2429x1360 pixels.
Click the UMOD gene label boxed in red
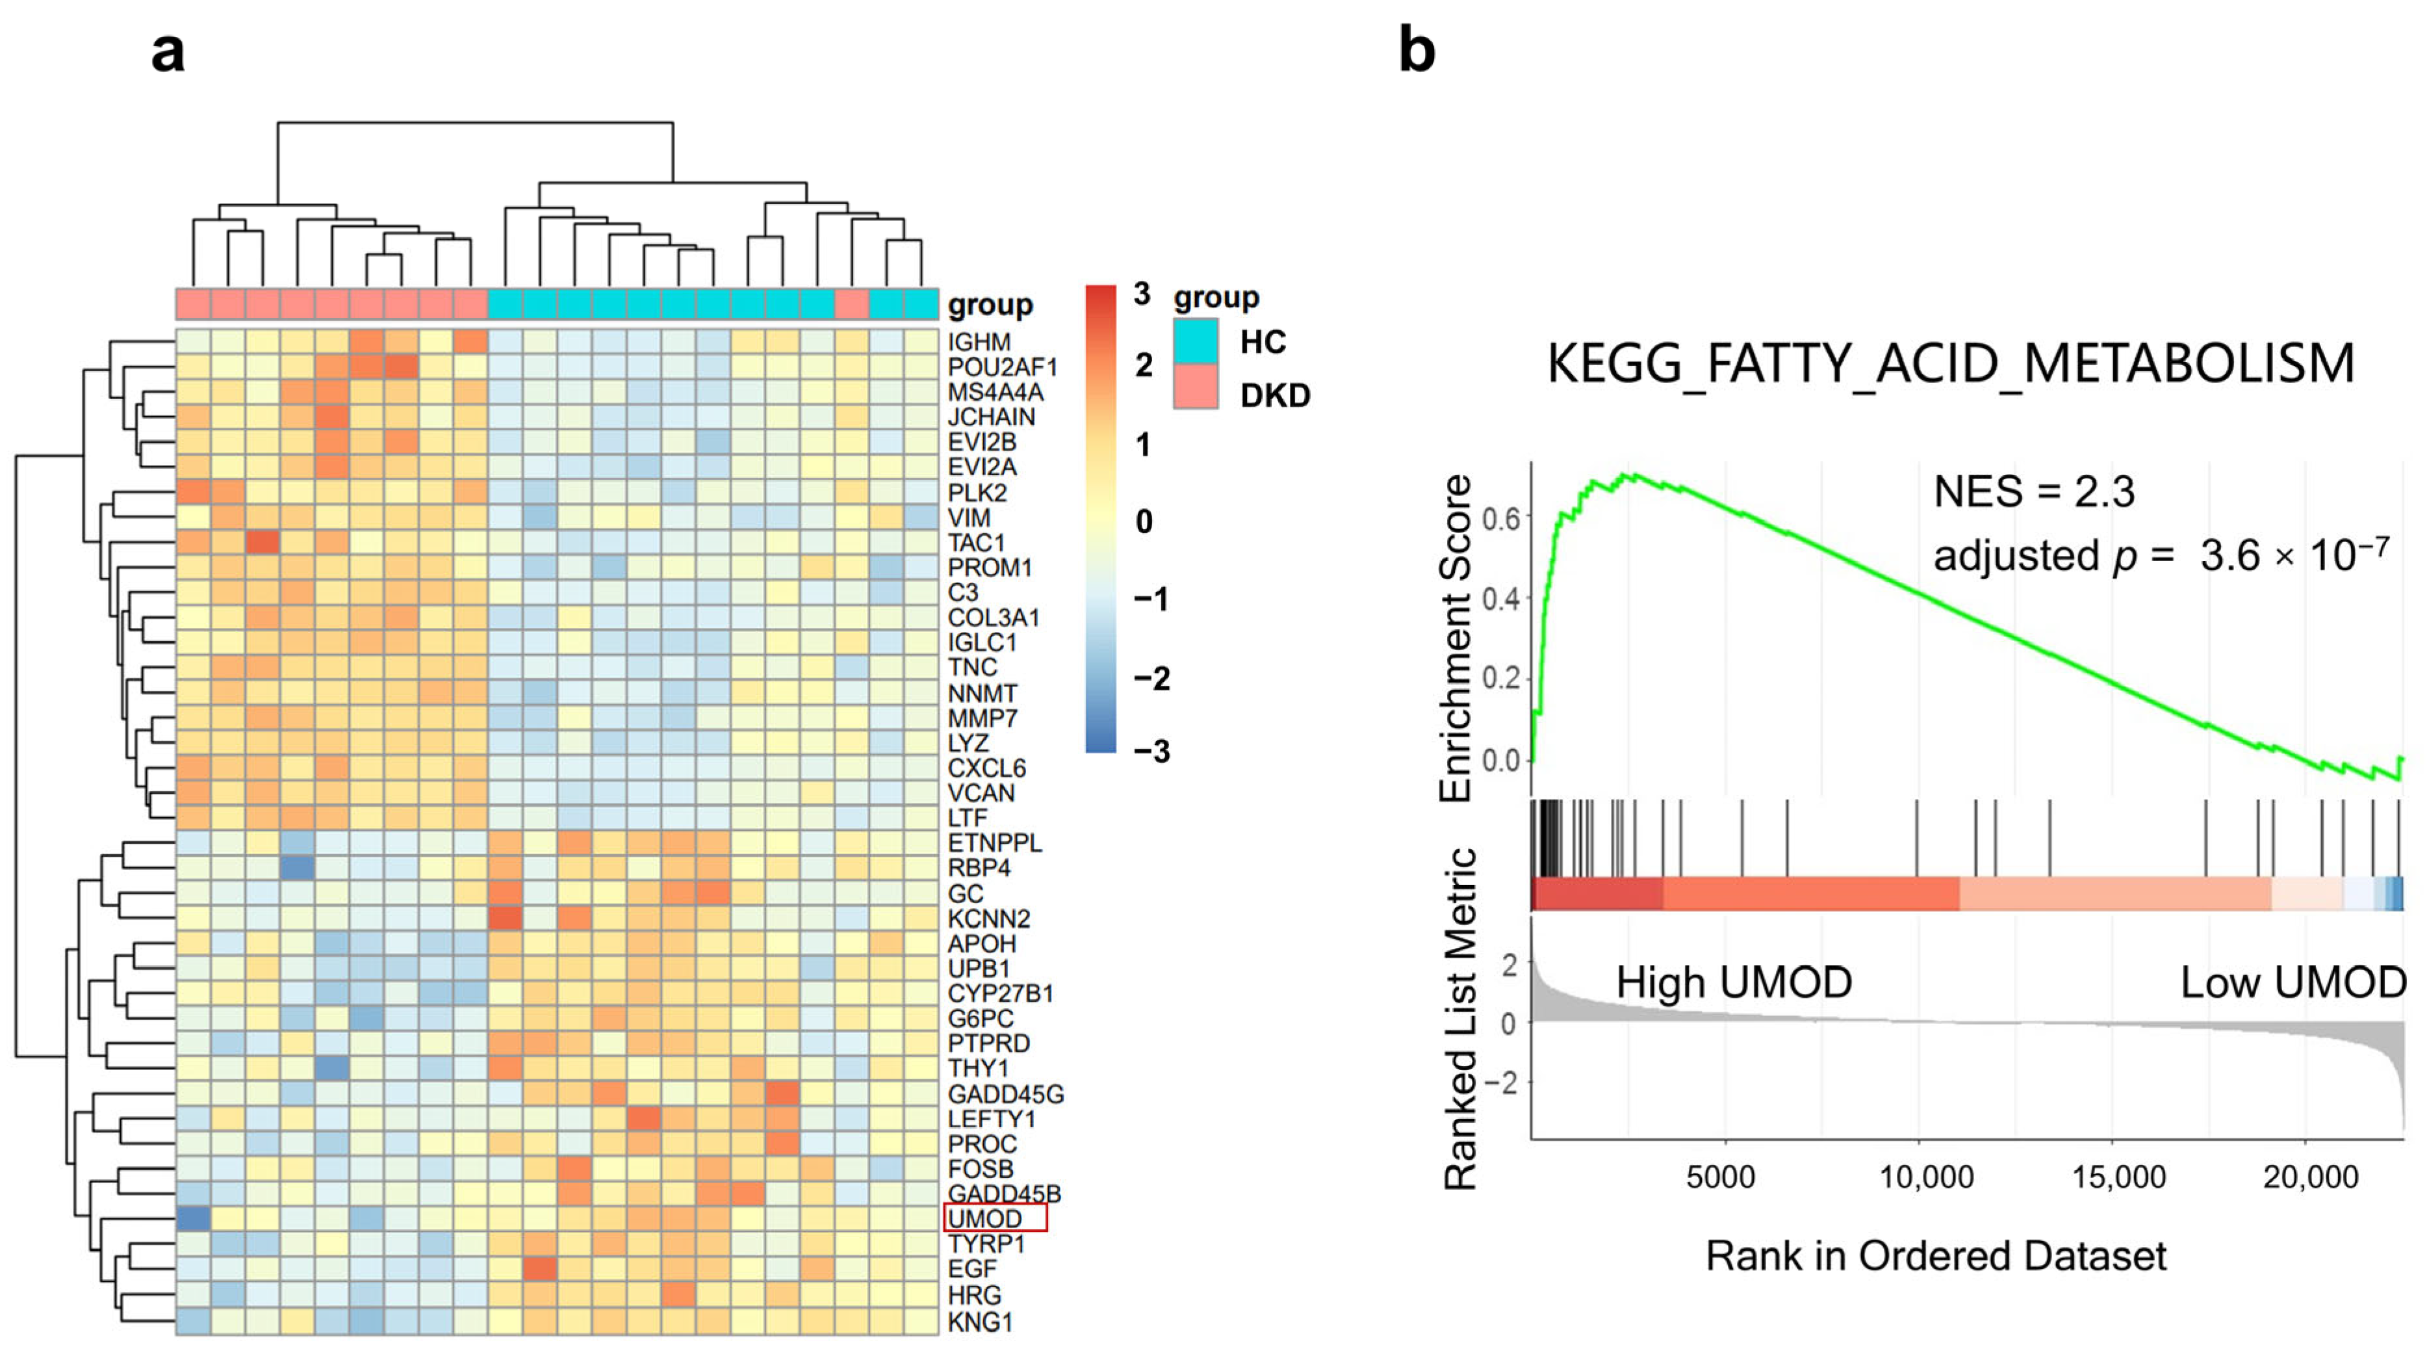[x=985, y=1218]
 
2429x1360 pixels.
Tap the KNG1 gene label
[x=980, y=1322]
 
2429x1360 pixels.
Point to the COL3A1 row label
[x=994, y=618]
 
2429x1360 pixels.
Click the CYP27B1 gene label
[x=1001, y=993]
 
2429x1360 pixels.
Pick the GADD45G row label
[x=1006, y=1094]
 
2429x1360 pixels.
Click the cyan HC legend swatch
[x=1196, y=341]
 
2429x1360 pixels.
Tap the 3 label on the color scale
[x=1142, y=294]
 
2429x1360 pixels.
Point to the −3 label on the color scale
[x=1151, y=751]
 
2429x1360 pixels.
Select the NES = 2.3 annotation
[x=2034, y=491]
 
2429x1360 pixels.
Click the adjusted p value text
[x=2161, y=555]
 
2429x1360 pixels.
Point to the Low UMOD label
[x=2293, y=983]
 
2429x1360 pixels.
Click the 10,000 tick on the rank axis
[x=1927, y=1177]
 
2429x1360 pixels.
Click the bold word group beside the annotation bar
[x=990, y=306]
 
